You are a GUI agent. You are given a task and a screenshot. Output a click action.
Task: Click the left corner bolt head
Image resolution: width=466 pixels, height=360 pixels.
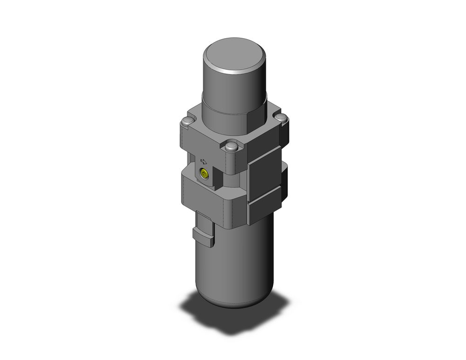click(187, 122)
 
